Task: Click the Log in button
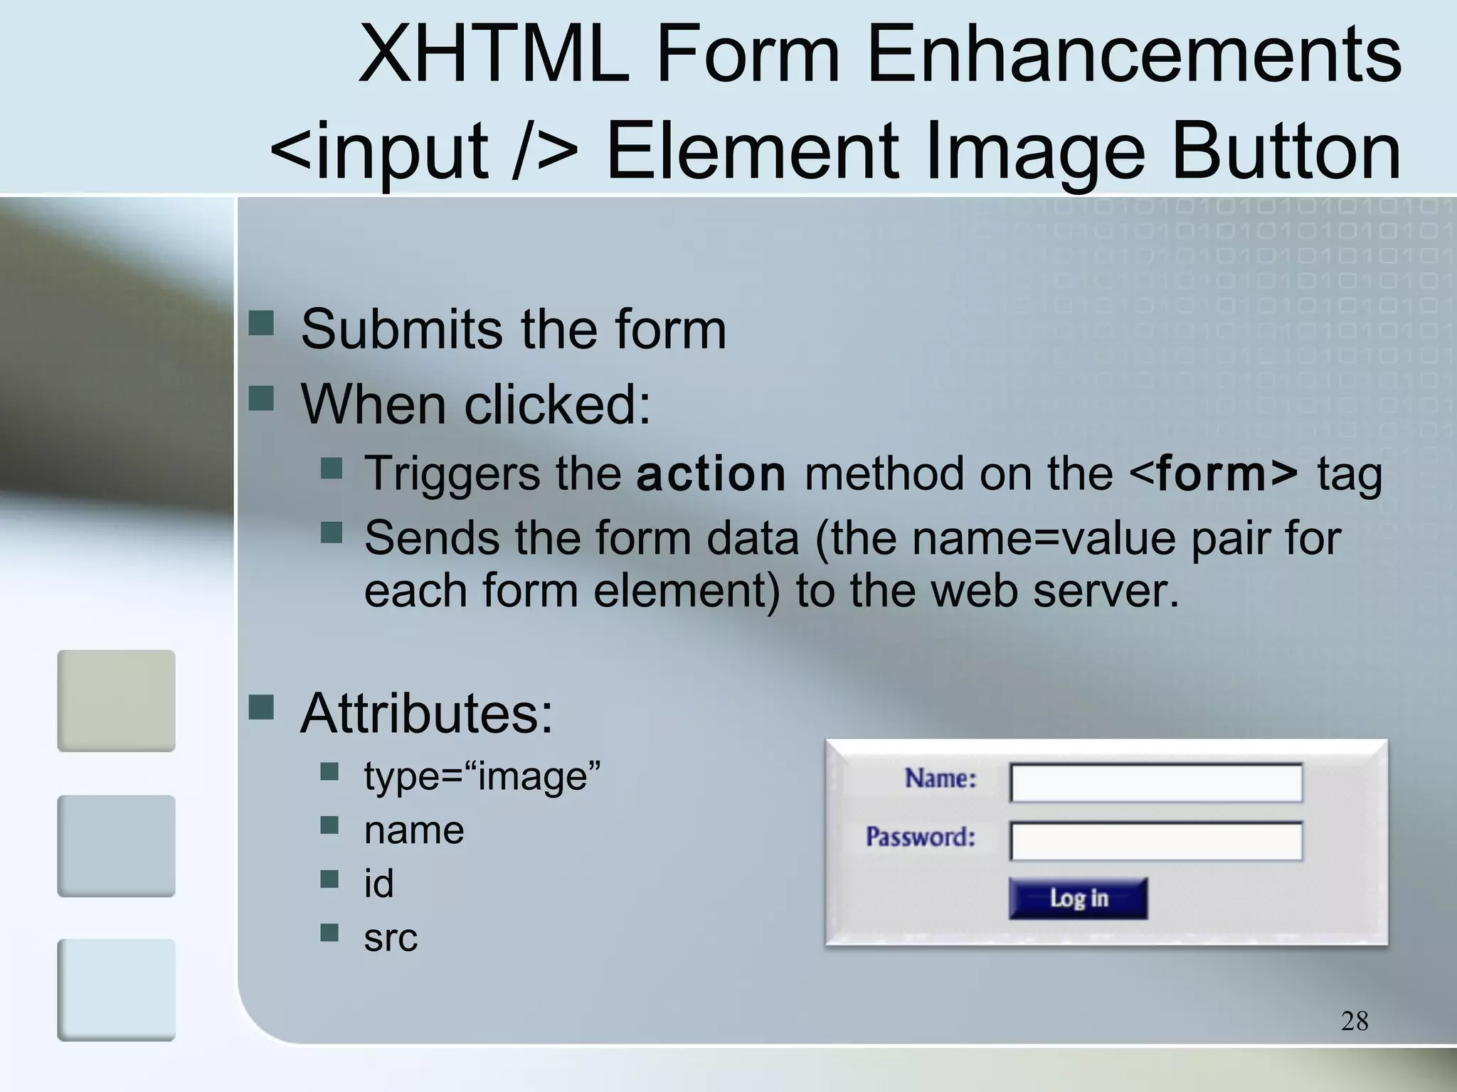[1078, 898]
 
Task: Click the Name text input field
[1156, 783]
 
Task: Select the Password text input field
[1156, 841]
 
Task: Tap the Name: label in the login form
[941, 778]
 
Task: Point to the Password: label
[920, 837]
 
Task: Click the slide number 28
[1354, 1021]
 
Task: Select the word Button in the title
[1286, 151]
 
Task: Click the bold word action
[711, 474]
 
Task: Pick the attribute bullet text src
[391, 938]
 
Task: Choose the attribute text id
[378, 884]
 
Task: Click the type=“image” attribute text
[482, 776]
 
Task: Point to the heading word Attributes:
[426, 713]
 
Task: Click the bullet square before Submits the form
[261, 323]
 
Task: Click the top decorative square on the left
[116, 700]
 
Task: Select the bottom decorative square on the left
[116, 990]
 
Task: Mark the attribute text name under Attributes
[414, 830]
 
